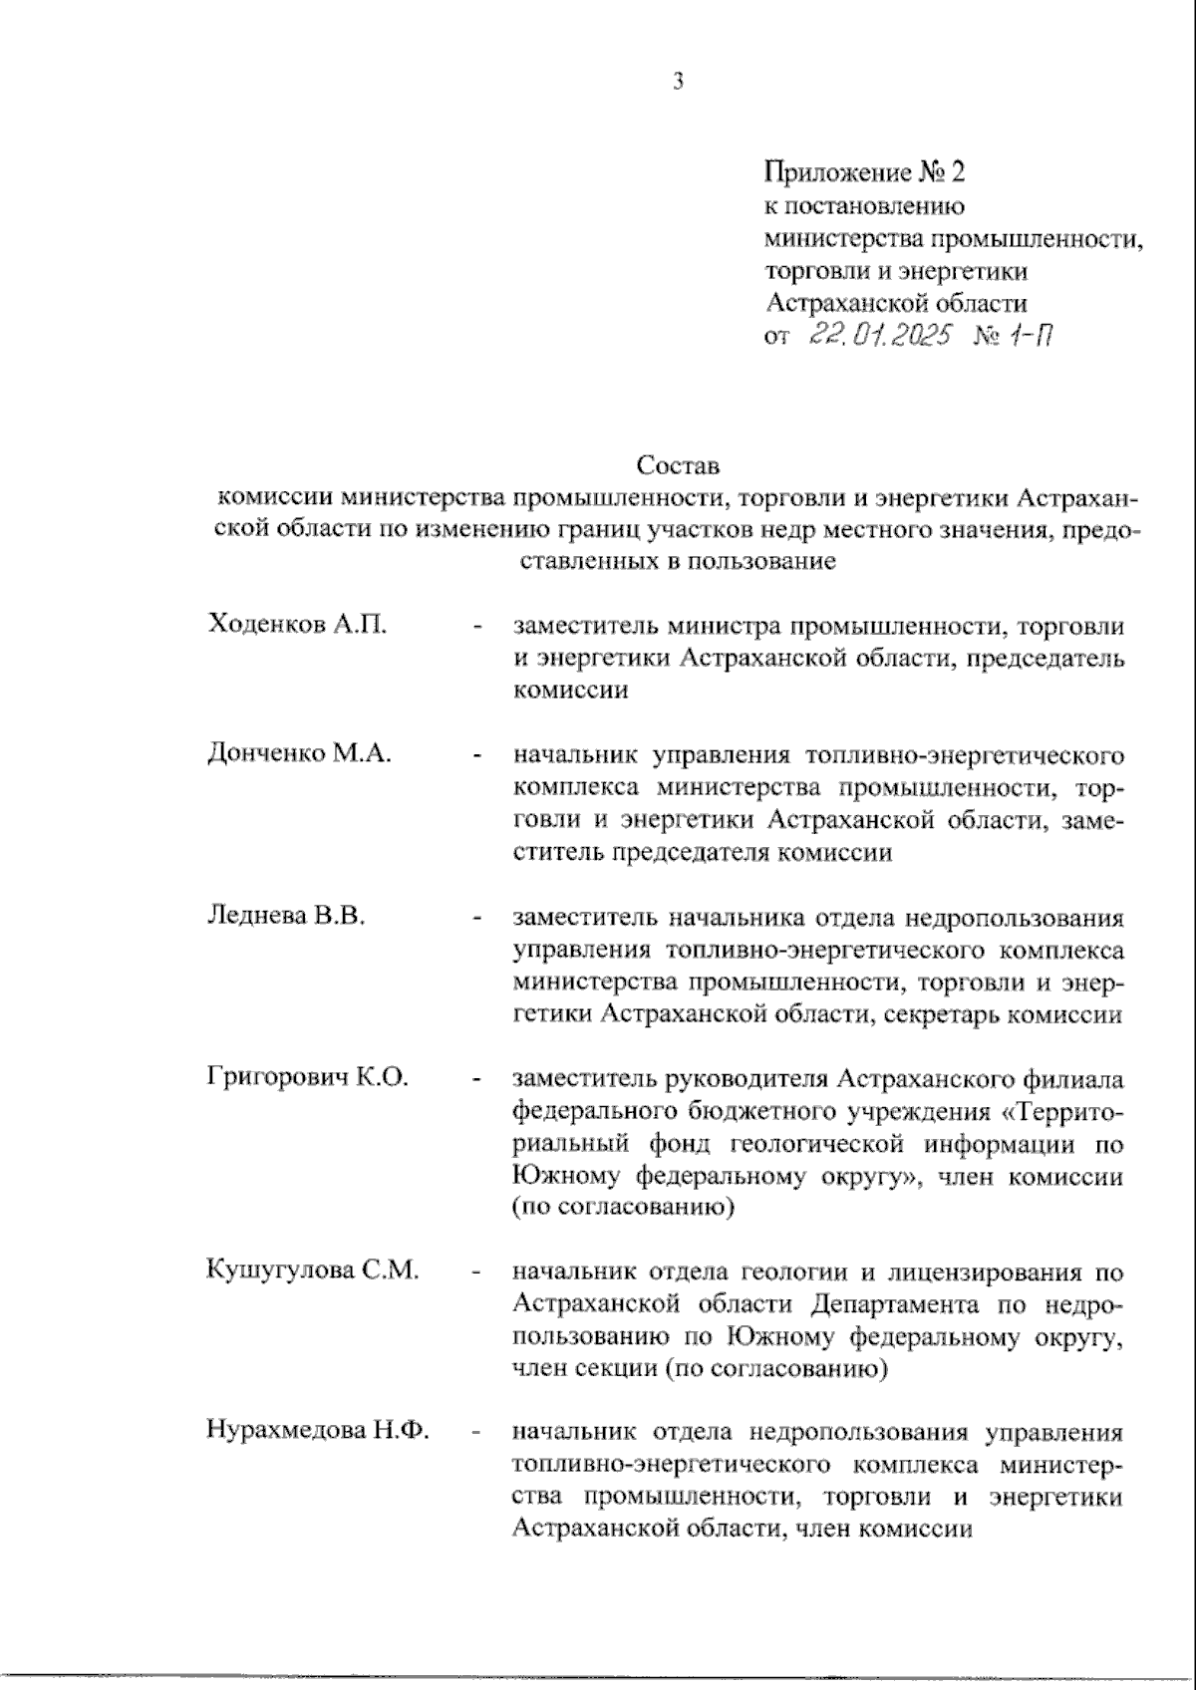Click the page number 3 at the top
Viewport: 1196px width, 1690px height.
678,83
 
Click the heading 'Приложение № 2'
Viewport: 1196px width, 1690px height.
864,173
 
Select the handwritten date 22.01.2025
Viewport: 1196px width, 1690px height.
880,336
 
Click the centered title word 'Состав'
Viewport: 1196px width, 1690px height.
677,465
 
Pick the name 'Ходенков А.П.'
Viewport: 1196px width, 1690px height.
297,625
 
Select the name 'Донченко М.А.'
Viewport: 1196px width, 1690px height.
299,753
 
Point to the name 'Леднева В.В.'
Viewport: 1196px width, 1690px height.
286,916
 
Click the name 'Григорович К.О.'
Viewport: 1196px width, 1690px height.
307,1078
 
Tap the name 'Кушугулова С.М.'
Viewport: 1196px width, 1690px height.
311,1270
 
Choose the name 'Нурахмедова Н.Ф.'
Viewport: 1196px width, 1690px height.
317,1432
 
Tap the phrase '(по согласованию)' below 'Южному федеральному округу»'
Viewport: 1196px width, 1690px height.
622,1208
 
